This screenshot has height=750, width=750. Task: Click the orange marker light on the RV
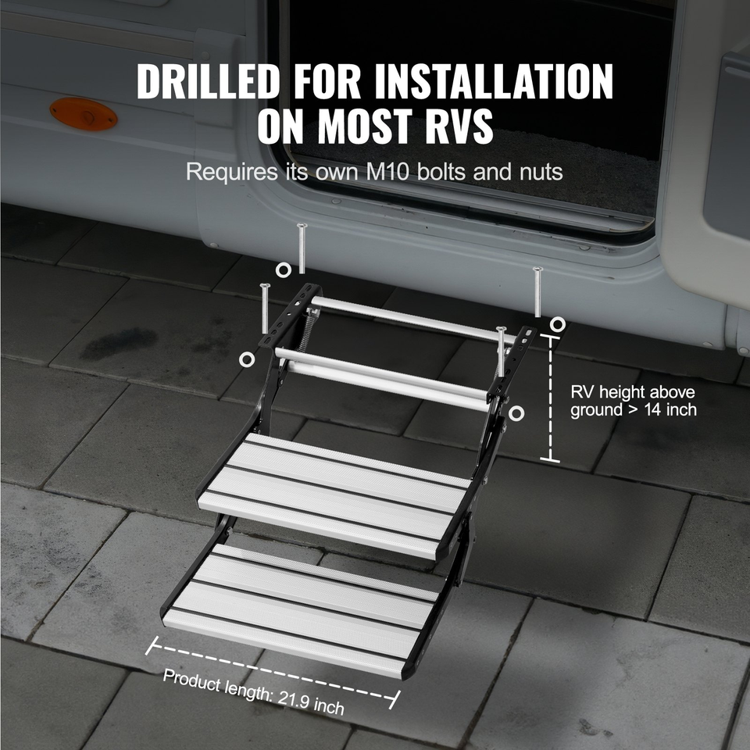(x=84, y=114)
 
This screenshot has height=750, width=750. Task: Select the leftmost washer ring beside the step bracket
(x=247, y=359)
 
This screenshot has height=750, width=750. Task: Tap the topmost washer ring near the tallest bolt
(x=284, y=270)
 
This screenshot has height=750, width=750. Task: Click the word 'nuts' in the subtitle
(x=538, y=172)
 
